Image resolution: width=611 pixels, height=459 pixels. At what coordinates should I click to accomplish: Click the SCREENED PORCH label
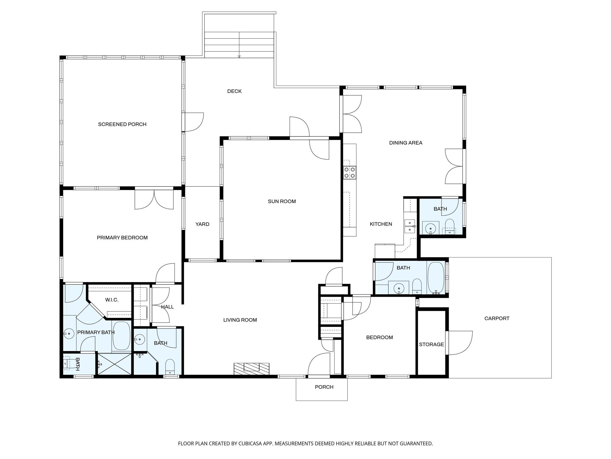tap(122, 124)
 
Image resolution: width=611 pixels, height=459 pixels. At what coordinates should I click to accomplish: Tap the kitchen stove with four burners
tap(350, 172)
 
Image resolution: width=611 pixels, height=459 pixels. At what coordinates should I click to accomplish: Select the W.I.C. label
tap(112, 300)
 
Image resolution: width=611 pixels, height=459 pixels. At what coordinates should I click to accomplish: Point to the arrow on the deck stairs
tap(239, 56)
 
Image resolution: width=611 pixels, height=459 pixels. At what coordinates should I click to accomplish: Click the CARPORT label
tap(497, 319)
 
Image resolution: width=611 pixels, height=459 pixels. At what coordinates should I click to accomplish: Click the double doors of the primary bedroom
tap(154, 199)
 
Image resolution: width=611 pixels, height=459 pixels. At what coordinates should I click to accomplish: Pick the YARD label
tap(202, 224)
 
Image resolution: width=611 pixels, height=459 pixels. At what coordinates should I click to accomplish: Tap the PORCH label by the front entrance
tap(324, 387)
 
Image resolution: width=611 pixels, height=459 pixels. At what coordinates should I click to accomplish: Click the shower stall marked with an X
tap(115, 364)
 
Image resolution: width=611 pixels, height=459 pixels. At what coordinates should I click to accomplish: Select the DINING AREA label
tap(405, 143)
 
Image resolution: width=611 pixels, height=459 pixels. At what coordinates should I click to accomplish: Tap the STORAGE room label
tap(431, 345)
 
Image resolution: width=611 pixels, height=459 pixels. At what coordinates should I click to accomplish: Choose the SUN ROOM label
tap(282, 201)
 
